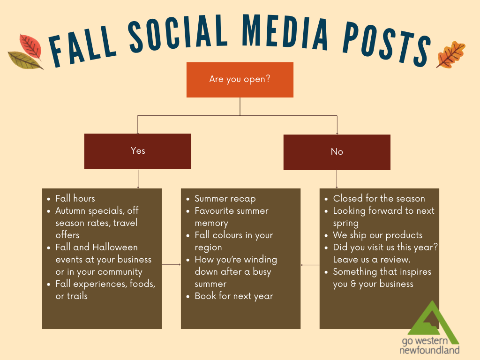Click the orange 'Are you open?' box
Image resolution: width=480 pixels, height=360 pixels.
pyautogui.click(x=240, y=79)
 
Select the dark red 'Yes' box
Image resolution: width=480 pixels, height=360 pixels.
pyautogui.click(x=138, y=151)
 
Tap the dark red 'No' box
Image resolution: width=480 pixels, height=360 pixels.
pyautogui.click(x=337, y=152)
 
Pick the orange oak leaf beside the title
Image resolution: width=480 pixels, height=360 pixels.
pyautogui.click(x=450, y=54)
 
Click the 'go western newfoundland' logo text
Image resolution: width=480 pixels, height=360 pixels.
pyautogui.click(x=429, y=345)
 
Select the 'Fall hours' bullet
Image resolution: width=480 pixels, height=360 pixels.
pyautogui.click(x=75, y=198)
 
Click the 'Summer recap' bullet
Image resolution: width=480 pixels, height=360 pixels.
pyautogui.click(x=225, y=199)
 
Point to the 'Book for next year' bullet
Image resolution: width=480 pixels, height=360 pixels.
pyautogui.click(x=233, y=296)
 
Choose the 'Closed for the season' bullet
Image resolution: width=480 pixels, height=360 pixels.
pyautogui.click(x=379, y=198)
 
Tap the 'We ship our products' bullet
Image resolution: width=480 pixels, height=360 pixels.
pyautogui.click(x=377, y=235)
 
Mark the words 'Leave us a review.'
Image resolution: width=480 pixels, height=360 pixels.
pyautogui.click(x=372, y=259)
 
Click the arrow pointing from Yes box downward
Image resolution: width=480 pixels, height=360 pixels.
pyautogui.click(x=138, y=179)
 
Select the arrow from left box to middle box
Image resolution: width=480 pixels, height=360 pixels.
pyautogui.click(x=172, y=265)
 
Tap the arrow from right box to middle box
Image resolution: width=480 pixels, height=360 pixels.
pyautogui.click(x=310, y=265)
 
